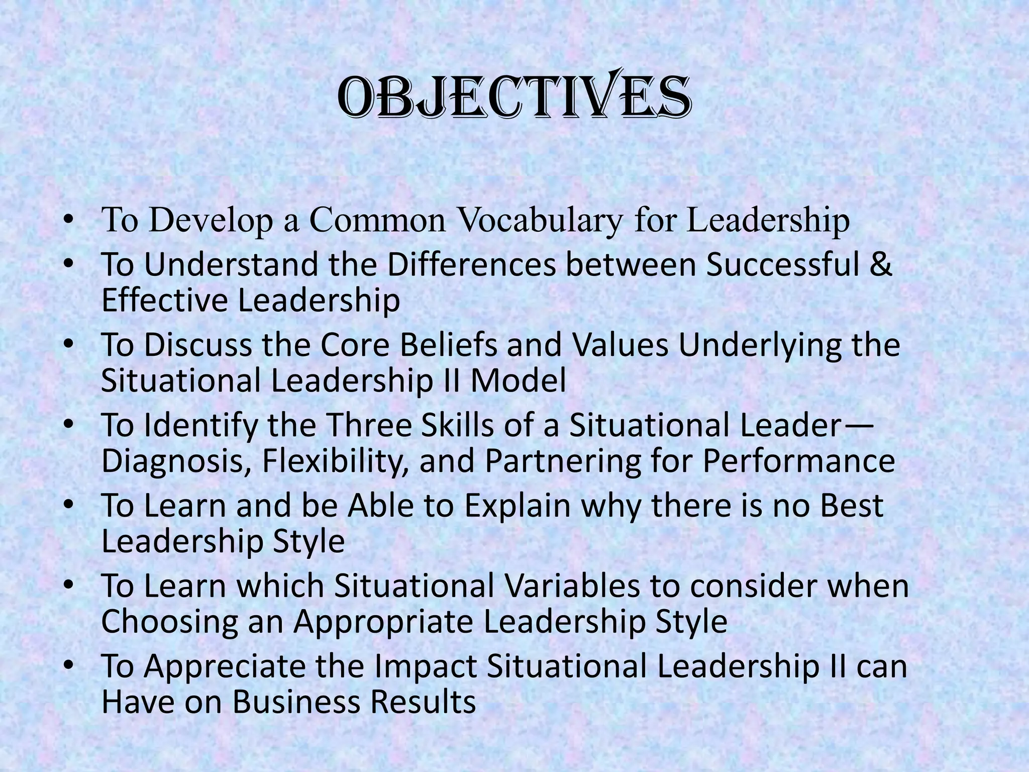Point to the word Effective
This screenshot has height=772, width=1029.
pos(164,300)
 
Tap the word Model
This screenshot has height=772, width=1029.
pos(518,380)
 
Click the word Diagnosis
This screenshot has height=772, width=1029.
pos(176,461)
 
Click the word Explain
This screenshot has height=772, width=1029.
pos(517,507)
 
